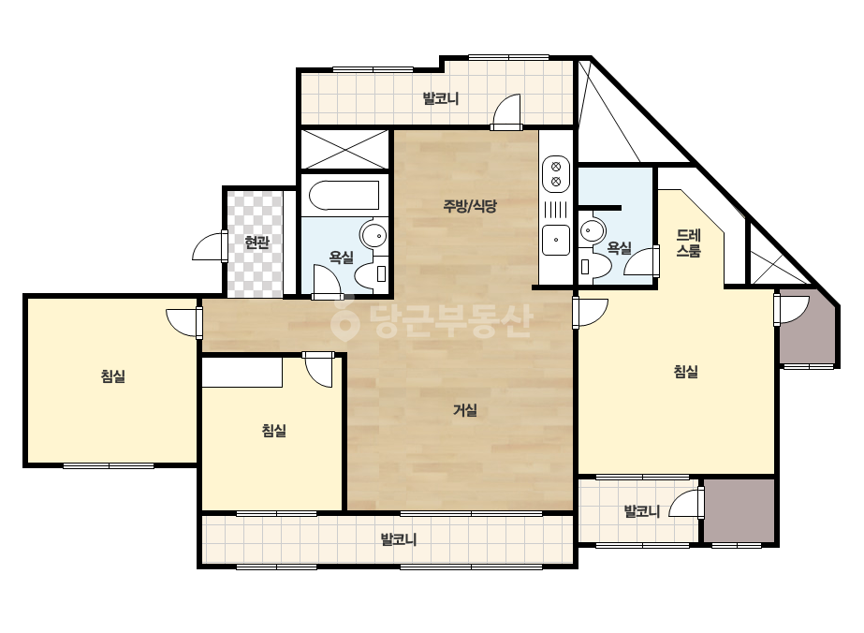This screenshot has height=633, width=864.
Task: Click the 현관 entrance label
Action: tap(256, 243)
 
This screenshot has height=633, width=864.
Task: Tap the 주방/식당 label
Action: tap(470, 206)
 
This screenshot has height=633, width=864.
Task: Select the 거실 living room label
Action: tap(464, 410)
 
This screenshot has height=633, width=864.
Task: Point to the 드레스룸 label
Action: tap(688, 243)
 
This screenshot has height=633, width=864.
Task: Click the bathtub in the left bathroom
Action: tap(344, 196)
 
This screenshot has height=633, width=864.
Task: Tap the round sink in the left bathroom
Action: tap(374, 234)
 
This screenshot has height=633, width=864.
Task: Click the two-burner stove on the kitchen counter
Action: tap(556, 173)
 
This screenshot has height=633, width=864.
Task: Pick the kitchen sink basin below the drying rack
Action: tap(556, 241)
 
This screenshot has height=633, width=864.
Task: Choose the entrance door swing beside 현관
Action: tap(210, 246)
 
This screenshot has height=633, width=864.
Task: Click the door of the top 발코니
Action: tap(506, 112)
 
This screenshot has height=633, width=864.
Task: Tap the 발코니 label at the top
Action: tap(441, 98)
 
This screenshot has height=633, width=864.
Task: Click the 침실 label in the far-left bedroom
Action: tap(113, 376)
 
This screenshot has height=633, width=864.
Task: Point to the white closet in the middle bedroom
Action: tap(242, 372)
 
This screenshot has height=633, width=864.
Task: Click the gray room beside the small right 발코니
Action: tap(739, 510)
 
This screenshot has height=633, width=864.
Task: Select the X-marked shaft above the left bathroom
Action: tap(344, 150)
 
